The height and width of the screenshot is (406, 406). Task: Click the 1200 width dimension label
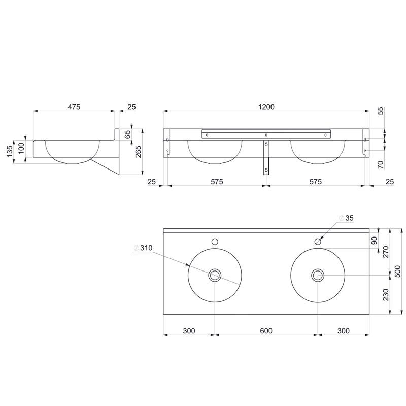click(x=266, y=107)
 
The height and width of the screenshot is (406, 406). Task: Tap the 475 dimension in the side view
click(x=74, y=107)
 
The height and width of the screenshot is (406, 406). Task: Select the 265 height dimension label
click(x=139, y=152)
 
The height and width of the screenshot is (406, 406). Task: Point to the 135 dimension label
click(x=9, y=151)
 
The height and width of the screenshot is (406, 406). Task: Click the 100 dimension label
click(x=21, y=148)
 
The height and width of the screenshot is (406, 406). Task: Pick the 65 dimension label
click(x=128, y=134)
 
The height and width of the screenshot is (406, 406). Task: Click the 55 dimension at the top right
click(x=381, y=111)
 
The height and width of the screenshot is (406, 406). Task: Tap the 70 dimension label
click(x=381, y=164)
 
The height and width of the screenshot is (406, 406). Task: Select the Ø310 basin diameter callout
click(x=143, y=248)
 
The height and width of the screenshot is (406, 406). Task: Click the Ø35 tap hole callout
click(x=346, y=218)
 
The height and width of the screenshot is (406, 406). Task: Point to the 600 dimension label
click(x=266, y=331)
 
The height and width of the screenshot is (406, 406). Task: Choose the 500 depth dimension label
click(x=398, y=271)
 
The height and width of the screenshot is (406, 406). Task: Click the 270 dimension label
click(x=386, y=252)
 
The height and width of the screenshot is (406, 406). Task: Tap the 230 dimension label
click(x=386, y=295)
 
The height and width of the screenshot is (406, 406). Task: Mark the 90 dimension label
click(x=374, y=241)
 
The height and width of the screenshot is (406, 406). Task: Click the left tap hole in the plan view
click(x=215, y=242)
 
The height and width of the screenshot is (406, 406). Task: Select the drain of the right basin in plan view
click(x=318, y=275)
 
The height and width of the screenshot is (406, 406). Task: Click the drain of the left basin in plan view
click(x=215, y=275)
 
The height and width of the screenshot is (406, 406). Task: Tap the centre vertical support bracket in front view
click(x=266, y=157)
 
